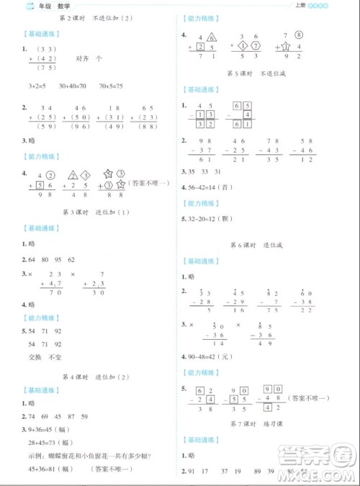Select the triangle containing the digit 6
(212, 37)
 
